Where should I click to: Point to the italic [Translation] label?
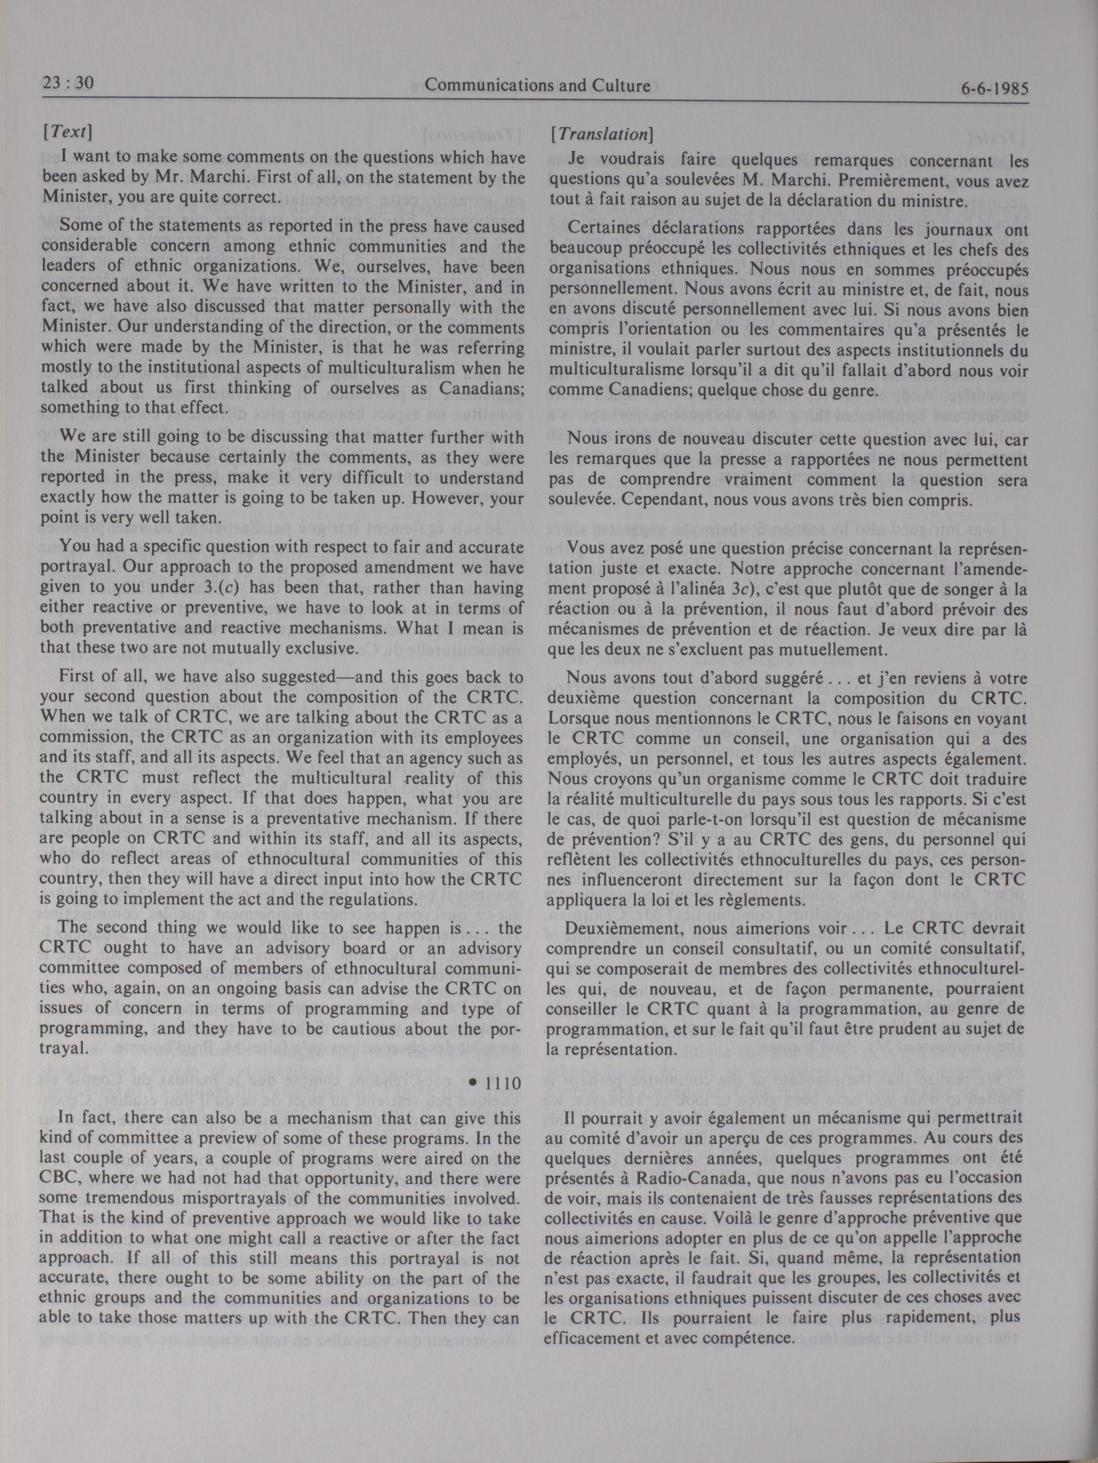[x=602, y=134]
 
